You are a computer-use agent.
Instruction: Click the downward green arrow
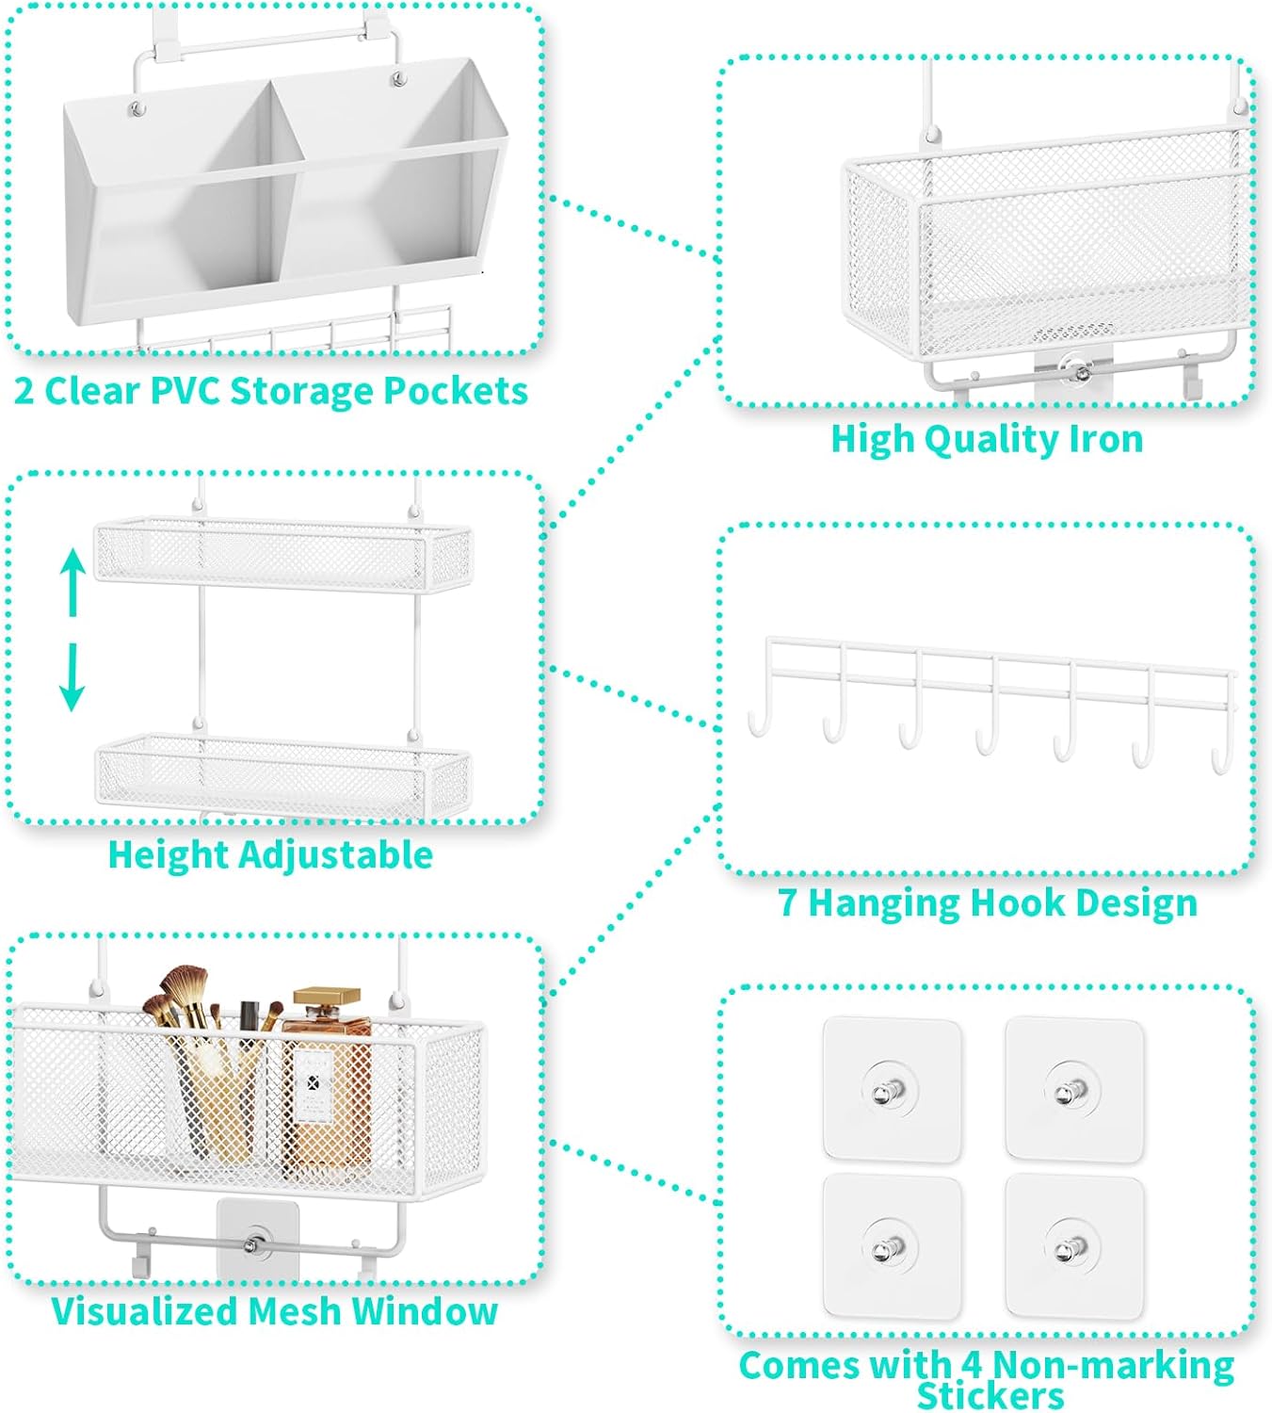click(72, 677)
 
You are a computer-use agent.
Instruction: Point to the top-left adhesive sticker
click(892, 1088)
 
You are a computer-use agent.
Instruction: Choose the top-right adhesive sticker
click(1073, 1088)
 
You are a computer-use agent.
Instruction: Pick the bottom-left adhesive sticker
click(892, 1245)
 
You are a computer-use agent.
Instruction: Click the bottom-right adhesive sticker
click(1073, 1245)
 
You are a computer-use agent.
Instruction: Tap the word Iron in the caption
click(1105, 439)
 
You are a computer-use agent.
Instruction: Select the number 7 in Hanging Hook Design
click(788, 902)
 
